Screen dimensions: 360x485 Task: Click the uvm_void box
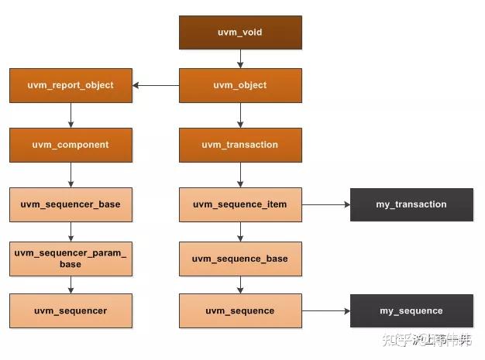pos(239,33)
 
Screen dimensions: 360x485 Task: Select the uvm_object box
pos(239,85)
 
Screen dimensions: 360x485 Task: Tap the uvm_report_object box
pos(71,85)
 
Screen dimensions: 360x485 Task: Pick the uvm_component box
pos(71,145)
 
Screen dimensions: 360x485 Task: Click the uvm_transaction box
pos(239,145)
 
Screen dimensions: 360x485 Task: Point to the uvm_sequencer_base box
pos(71,204)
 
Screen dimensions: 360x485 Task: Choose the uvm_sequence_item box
pos(239,204)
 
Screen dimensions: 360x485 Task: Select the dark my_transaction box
pos(411,204)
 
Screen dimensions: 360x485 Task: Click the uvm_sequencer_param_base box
pos(71,259)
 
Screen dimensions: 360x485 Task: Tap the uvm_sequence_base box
pos(239,259)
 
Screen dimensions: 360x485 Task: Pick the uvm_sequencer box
pos(71,310)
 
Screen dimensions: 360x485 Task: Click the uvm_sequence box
pos(239,310)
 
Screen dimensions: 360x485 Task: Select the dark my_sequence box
pos(411,310)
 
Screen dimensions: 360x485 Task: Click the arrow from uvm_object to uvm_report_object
pos(156,85)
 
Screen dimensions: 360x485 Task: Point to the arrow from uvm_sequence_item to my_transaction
pos(325,204)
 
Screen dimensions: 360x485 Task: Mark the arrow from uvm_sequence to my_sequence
pos(325,310)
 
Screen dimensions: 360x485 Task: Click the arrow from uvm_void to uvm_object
pos(239,59)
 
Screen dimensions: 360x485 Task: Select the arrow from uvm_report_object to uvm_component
pos(71,115)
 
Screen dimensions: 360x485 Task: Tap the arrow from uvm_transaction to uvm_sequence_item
pos(239,174)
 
